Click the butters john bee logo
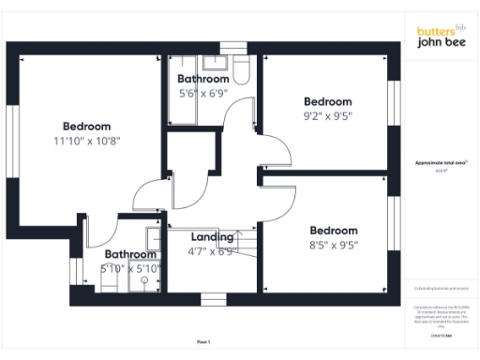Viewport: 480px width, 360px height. [x=441, y=37]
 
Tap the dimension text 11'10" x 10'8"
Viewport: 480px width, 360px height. [x=87, y=141]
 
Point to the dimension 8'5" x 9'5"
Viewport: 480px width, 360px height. [x=334, y=247]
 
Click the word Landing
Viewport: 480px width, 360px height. [x=212, y=237]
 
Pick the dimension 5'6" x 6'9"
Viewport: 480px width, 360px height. [x=203, y=94]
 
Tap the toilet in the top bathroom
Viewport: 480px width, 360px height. [x=241, y=72]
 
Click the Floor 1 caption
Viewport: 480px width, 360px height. [x=204, y=341]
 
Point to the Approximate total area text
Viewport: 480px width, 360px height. [x=440, y=162]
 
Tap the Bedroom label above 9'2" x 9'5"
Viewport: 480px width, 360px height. [x=328, y=102]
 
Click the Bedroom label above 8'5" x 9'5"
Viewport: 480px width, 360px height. [x=334, y=231]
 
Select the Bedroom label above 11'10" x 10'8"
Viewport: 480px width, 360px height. [x=87, y=127]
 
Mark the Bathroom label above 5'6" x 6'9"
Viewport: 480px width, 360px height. [x=203, y=80]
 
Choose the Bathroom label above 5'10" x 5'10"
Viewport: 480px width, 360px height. [x=130, y=254]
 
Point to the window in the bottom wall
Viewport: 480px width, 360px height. [x=214, y=299]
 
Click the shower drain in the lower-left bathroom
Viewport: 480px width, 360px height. [x=145, y=278]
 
